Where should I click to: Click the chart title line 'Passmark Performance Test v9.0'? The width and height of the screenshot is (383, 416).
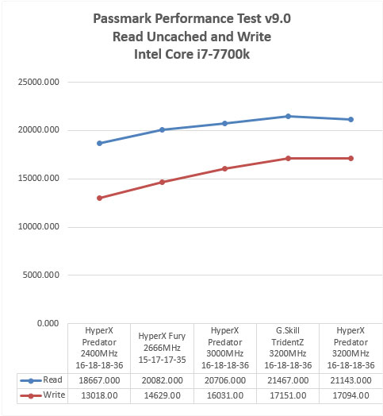[x=192, y=19]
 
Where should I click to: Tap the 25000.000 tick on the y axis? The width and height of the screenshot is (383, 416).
[x=38, y=82]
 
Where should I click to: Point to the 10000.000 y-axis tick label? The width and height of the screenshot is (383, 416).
[x=38, y=226]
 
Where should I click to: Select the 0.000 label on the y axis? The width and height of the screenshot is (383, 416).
[x=48, y=323]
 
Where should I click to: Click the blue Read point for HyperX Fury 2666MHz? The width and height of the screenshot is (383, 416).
[x=163, y=129]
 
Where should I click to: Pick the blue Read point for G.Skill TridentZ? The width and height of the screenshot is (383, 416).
[x=288, y=116]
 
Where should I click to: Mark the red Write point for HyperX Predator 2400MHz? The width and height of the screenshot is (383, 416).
[x=99, y=198]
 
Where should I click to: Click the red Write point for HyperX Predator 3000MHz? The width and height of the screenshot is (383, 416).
[x=224, y=169]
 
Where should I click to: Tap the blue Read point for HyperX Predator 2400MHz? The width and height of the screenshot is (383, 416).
[x=99, y=143]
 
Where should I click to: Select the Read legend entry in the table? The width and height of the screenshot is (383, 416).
[x=41, y=380]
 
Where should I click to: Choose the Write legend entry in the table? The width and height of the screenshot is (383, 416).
[x=42, y=395]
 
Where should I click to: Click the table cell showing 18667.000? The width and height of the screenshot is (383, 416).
[x=99, y=380]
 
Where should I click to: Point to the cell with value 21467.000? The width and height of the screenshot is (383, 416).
[x=288, y=380]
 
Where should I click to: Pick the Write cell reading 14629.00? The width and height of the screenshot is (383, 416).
[x=163, y=395]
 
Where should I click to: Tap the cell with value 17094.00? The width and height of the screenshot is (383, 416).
[x=350, y=395]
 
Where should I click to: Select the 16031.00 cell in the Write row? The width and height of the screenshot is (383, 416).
[x=225, y=395]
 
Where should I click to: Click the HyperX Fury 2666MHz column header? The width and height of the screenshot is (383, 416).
[x=163, y=348]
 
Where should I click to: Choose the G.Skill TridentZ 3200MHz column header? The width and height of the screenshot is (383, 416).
[x=288, y=348]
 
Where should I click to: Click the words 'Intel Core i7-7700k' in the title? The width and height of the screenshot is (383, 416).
[x=192, y=55]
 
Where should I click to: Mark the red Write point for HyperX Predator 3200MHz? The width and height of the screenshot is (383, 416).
[x=351, y=159]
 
